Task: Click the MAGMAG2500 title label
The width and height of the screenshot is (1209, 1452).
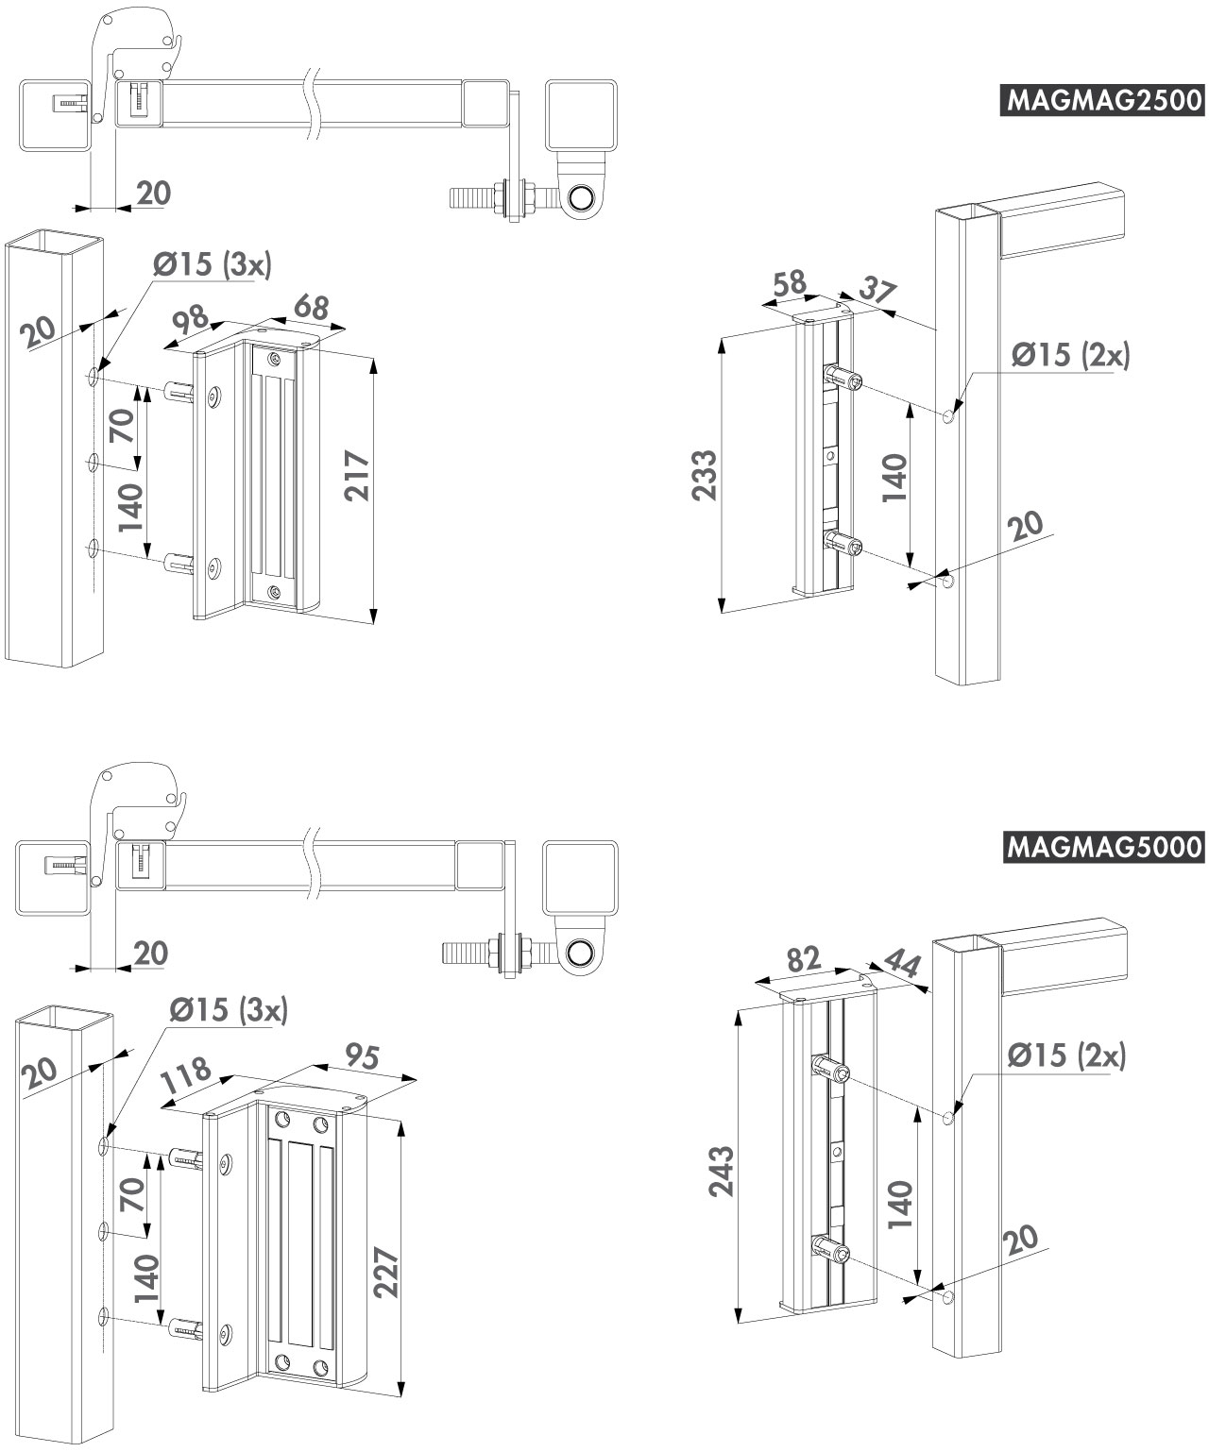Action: pyautogui.click(x=1100, y=100)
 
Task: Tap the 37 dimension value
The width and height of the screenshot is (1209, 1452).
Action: pyautogui.click(x=877, y=294)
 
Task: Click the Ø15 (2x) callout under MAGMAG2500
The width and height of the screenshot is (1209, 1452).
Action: pyautogui.click(x=1070, y=354)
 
